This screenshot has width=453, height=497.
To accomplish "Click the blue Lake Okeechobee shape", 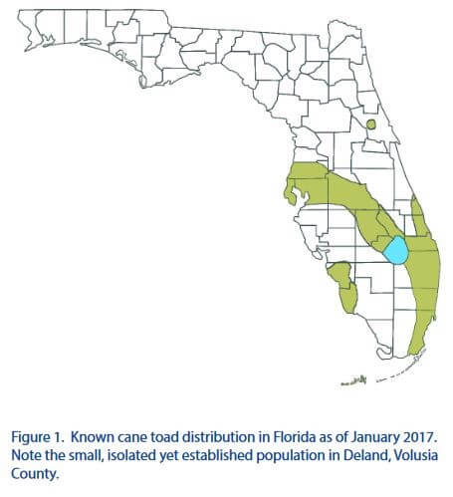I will (395, 250).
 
